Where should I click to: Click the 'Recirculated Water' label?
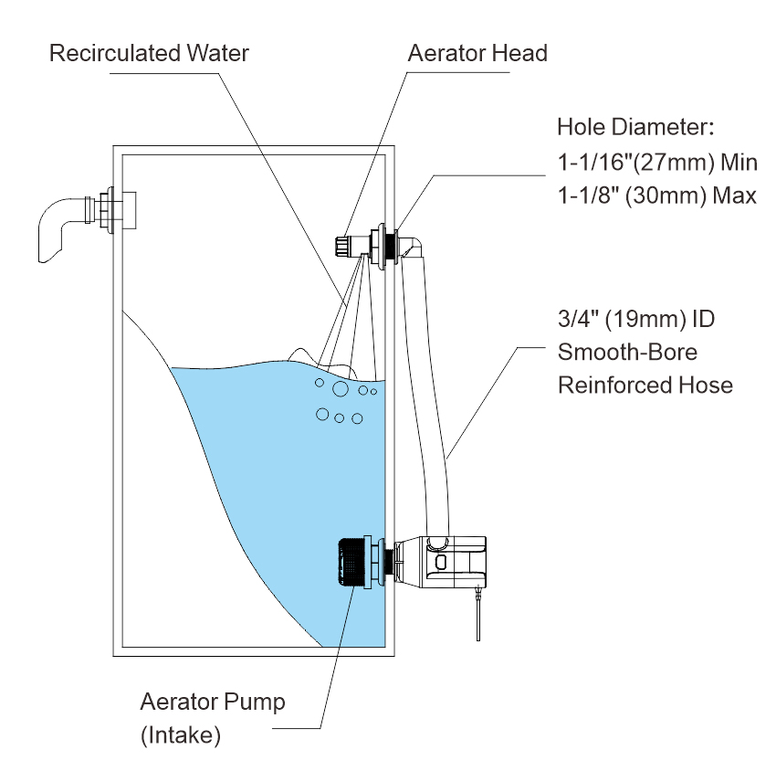click(x=149, y=53)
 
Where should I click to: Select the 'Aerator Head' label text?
click(x=477, y=53)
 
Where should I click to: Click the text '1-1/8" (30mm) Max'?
click(x=656, y=195)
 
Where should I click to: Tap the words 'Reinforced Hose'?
click(x=645, y=385)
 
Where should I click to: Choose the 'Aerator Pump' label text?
click(x=213, y=702)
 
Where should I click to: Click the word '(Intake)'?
click(x=180, y=734)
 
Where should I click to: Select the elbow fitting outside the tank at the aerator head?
click(x=414, y=245)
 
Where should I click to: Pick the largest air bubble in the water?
click(x=340, y=390)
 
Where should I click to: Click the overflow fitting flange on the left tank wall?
click(x=110, y=213)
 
